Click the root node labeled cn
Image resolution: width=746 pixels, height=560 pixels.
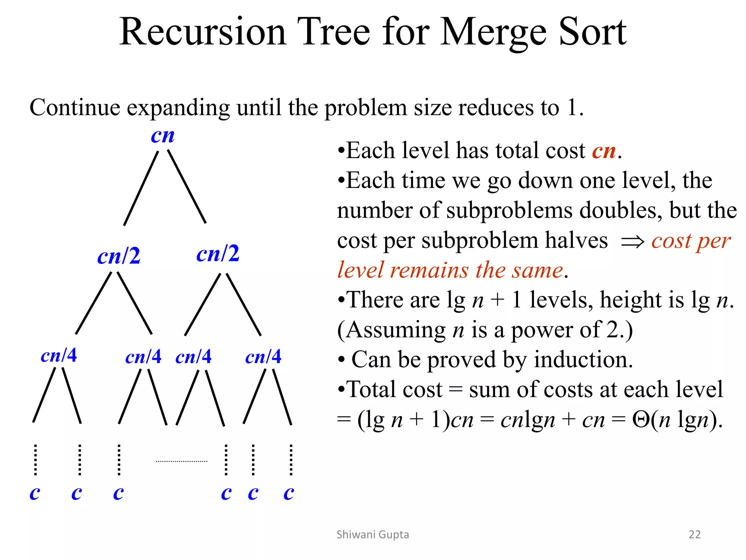[x=162, y=136]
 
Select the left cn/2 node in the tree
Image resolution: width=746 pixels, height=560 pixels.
[x=119, y=256]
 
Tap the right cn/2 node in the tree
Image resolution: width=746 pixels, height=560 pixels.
[x=218, y=253]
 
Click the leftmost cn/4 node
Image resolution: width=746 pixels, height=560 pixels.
[x=59, y=355]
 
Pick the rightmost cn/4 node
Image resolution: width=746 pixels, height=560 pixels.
[x=263, y=357]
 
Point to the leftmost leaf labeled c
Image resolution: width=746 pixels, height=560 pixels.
[x=35, y=493]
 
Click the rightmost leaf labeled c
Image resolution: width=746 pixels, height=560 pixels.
[x=288, y=493]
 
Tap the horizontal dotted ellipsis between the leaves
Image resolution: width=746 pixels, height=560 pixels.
[x=181, y=462]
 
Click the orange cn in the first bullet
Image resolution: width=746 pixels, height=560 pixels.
[x=604, y=151]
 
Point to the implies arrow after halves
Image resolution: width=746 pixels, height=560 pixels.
[x=632, y=241]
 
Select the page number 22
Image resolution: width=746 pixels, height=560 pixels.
[x=694, y=534]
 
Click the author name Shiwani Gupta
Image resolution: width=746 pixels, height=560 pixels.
[x=373, y=534]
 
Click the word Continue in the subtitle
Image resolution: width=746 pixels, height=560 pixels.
[x=75, y=108]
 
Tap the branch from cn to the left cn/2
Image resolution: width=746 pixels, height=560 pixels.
[x=141, y=188]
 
